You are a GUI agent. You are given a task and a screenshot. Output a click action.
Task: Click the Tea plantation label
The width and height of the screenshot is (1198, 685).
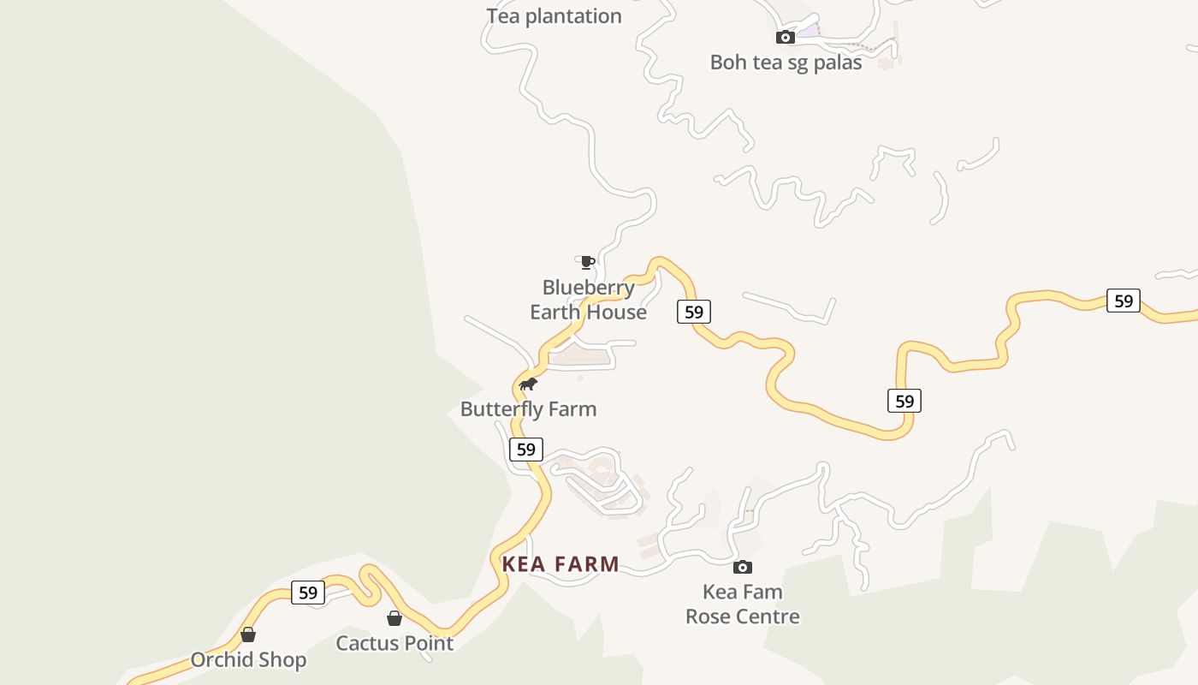tap(554, 16)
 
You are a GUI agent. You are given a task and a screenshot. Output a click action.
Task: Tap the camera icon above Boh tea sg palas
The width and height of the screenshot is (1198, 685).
tap(785, 37)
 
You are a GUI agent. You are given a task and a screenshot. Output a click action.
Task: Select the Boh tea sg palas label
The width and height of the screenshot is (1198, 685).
tap(786, 63)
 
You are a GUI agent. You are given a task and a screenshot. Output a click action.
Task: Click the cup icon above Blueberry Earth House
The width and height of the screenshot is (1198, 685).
tap(587, 262)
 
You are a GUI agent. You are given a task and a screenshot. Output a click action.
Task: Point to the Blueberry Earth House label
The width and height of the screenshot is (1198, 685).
tap(588, 300)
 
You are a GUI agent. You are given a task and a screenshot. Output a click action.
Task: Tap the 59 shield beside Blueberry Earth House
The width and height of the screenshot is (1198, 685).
tap(694, 312)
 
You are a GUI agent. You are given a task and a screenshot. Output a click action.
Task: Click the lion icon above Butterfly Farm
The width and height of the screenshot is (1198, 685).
tap(528, 384)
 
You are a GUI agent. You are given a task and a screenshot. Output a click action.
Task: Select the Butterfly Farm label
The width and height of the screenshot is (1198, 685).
tap(528, 409)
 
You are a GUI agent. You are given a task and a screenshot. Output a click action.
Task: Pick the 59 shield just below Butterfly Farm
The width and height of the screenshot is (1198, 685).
tap(526, 449)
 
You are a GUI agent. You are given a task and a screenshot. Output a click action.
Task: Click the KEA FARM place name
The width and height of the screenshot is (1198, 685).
tap(560, 564)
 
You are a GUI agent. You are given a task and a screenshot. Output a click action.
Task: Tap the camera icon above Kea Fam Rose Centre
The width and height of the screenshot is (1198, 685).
tap(743, 567)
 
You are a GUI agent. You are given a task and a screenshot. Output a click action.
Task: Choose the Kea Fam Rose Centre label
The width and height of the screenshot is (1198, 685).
tap(743, 604)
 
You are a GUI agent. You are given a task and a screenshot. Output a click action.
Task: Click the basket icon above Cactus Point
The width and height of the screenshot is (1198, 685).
tap(394, 618)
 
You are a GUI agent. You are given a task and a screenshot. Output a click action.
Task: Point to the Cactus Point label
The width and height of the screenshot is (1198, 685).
tap(394, 643)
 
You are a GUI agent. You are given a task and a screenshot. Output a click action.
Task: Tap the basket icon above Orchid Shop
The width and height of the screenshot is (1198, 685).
tap(248, 634)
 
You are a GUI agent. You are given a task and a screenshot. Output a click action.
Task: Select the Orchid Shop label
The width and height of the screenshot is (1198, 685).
tap(248, 660)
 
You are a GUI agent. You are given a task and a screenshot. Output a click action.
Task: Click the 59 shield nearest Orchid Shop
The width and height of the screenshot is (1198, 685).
tap(308, 593)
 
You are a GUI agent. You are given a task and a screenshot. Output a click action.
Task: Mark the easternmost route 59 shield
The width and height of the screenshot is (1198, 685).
tap(1124, 301)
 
